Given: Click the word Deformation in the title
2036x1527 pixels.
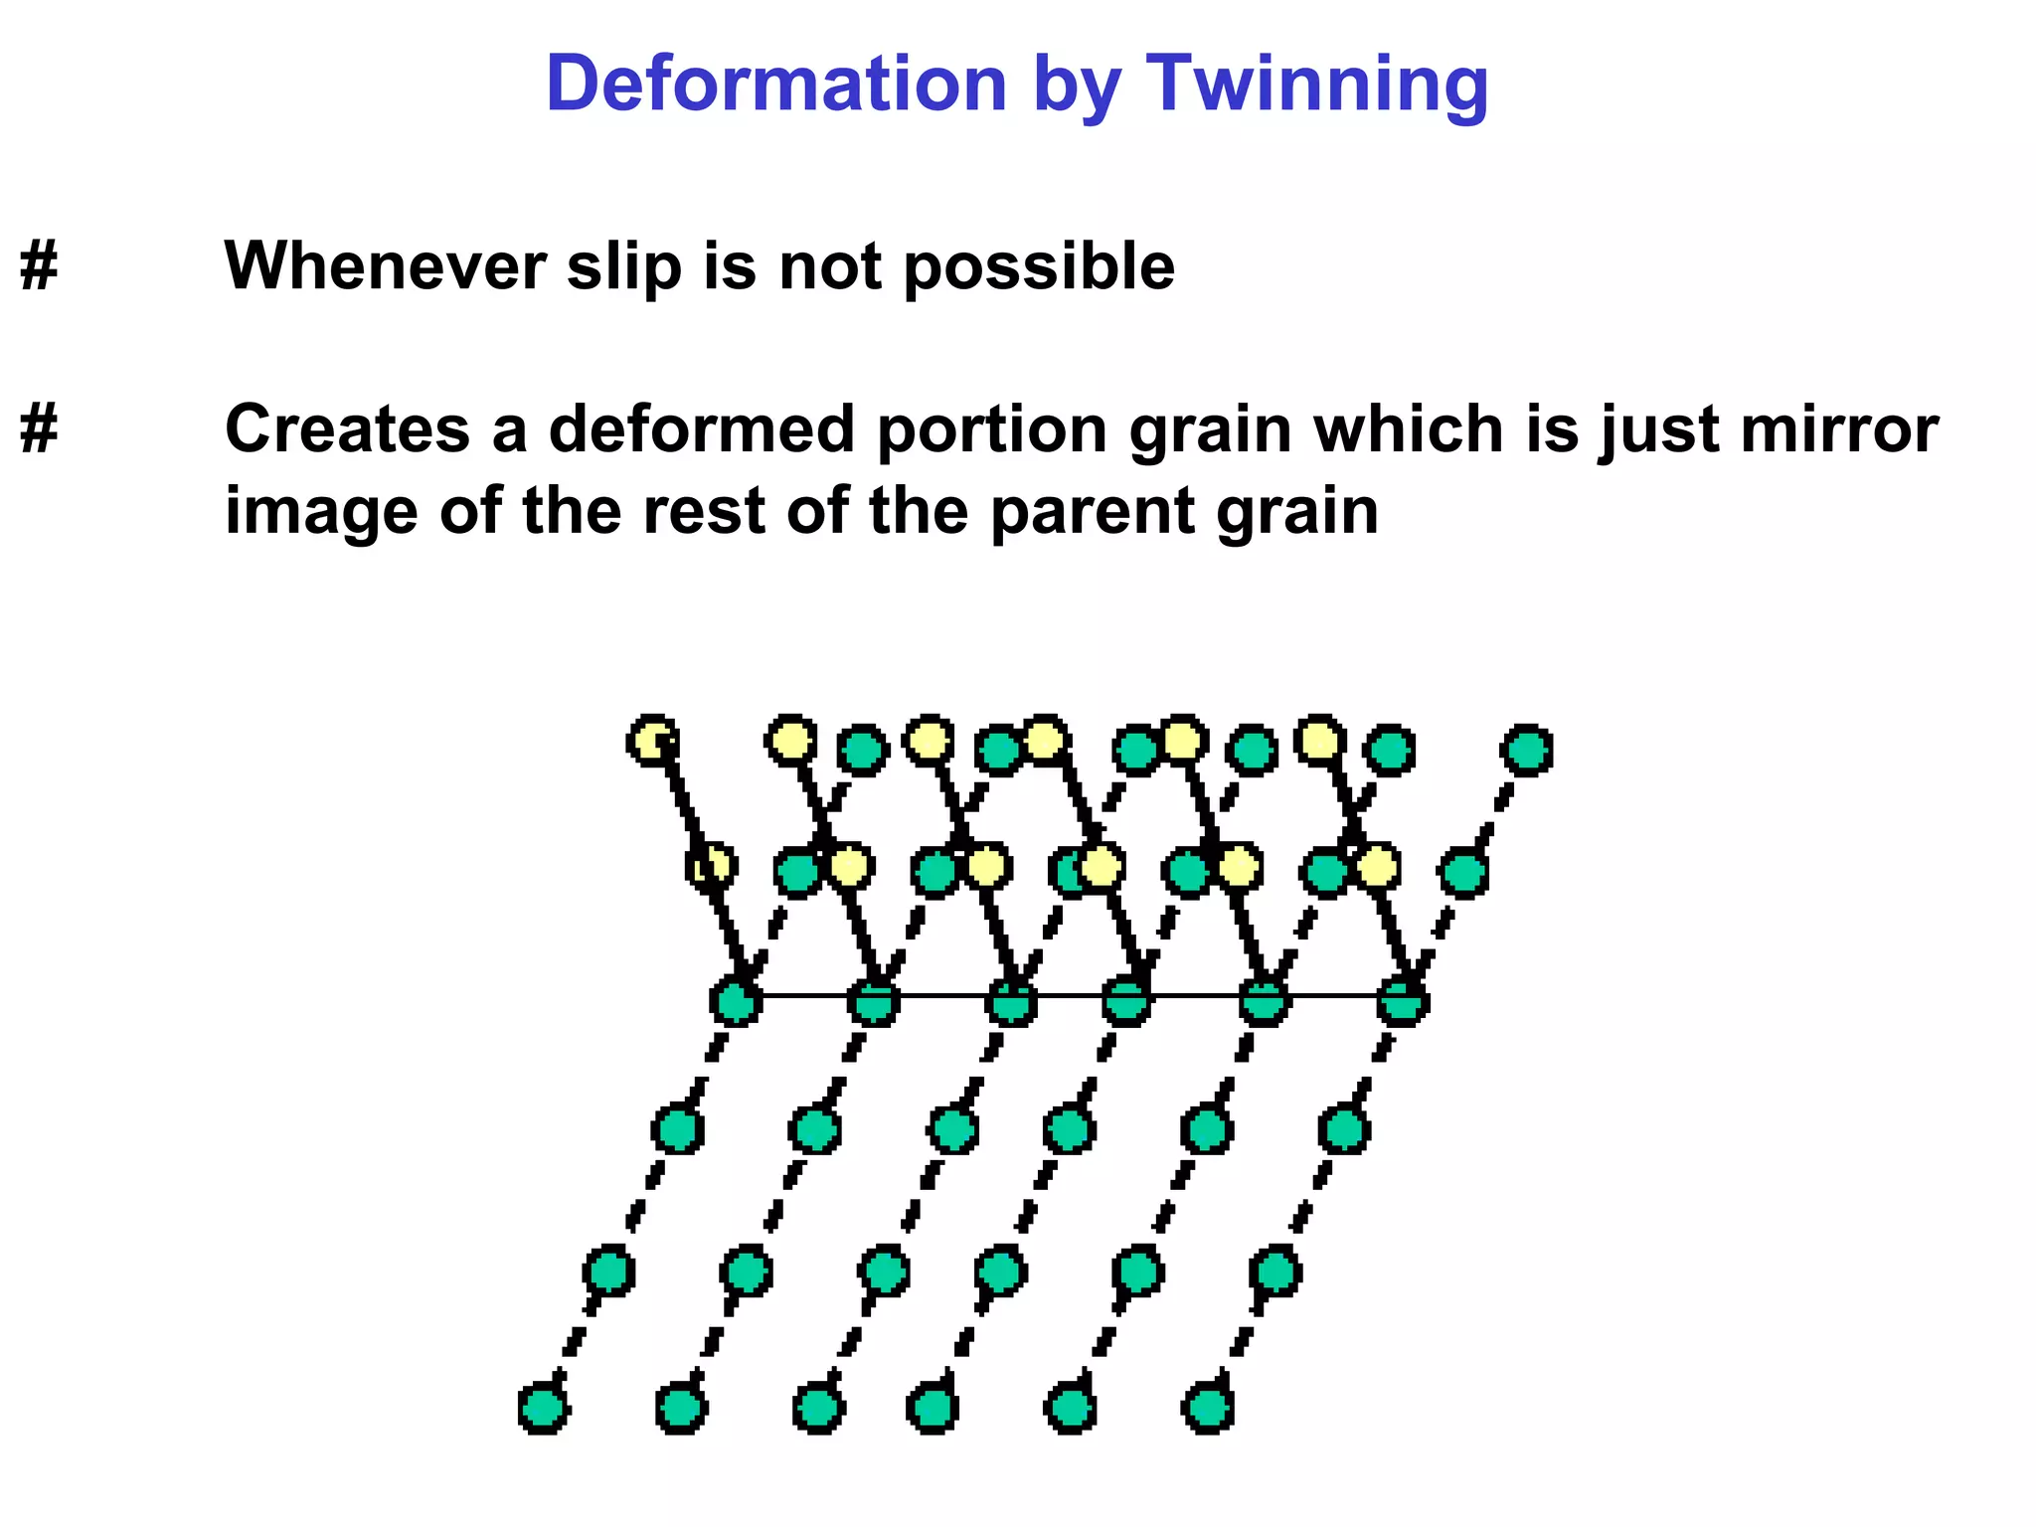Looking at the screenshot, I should point(776,84).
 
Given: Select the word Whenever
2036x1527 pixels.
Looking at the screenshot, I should point(386,266).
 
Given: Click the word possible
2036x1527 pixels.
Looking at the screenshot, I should point(1039,268).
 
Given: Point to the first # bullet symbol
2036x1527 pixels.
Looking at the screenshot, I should point(39,266).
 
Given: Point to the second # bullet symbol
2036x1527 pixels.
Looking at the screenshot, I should point(39,429).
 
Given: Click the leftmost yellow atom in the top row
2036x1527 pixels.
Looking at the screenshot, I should point(652,741).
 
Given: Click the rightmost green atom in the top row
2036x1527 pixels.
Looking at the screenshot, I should point(1526,750).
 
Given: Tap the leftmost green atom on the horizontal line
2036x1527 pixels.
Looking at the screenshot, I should point(736,1001).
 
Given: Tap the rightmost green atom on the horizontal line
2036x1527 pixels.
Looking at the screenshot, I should point(1403,1001).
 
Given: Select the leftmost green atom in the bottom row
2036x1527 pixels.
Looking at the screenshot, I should point(544,1408).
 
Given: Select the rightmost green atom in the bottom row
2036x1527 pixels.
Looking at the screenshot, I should point(1208,1408).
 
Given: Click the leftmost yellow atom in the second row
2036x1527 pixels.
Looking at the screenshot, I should point(712,867).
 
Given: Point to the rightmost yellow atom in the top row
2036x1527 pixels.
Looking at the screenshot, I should point(1319,741).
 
